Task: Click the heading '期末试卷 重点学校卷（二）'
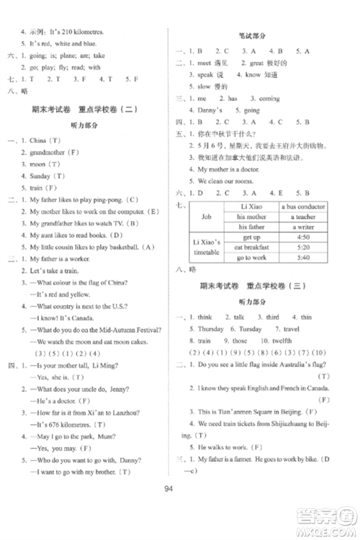click(85, 107)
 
